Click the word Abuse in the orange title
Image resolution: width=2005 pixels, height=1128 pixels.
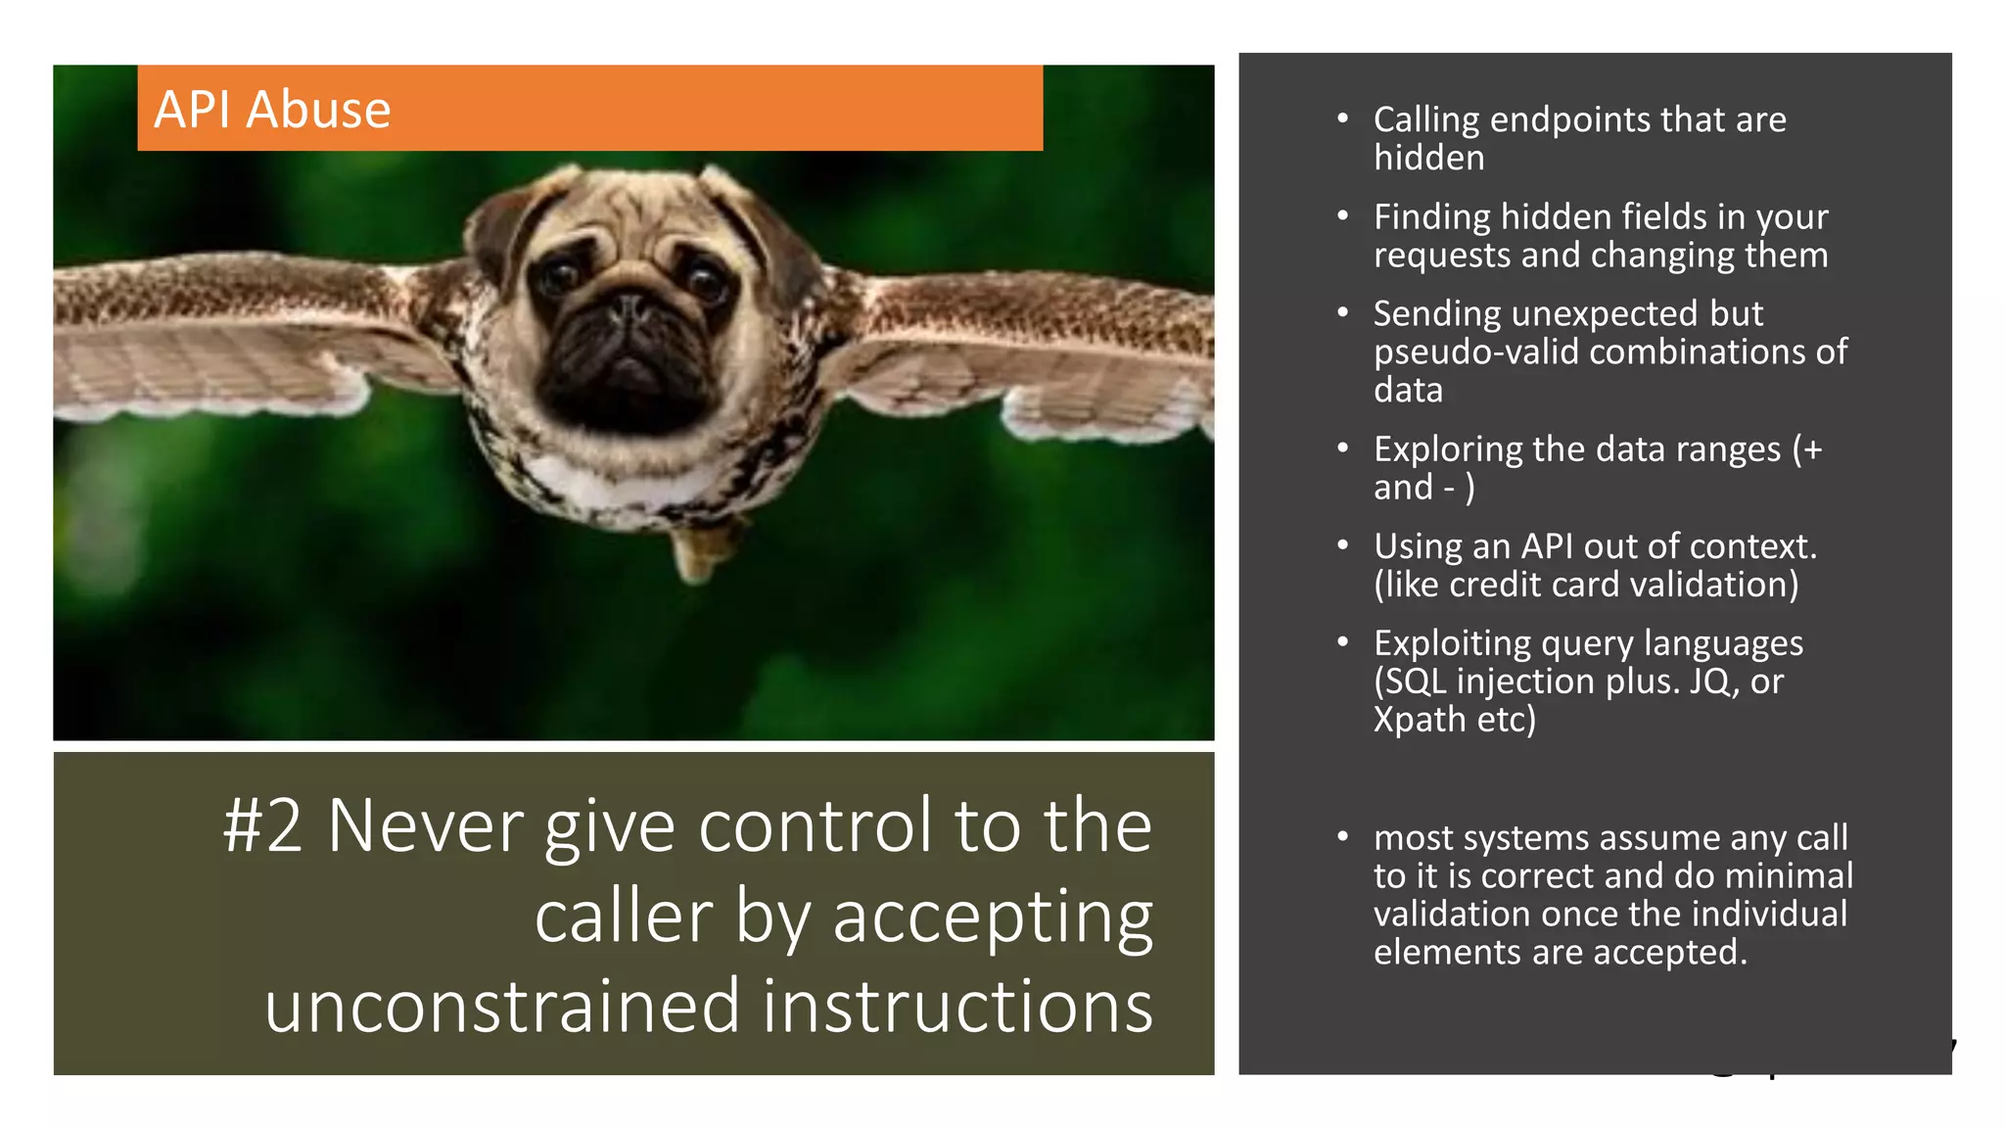coord(318,109)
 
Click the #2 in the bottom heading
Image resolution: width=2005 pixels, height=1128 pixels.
coord(261,825)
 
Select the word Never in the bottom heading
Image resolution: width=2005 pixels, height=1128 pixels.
coord(425,825)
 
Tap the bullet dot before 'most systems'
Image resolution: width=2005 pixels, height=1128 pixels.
coord(1343,837)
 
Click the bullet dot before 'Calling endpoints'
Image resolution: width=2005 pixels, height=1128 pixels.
coord(1343,118)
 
